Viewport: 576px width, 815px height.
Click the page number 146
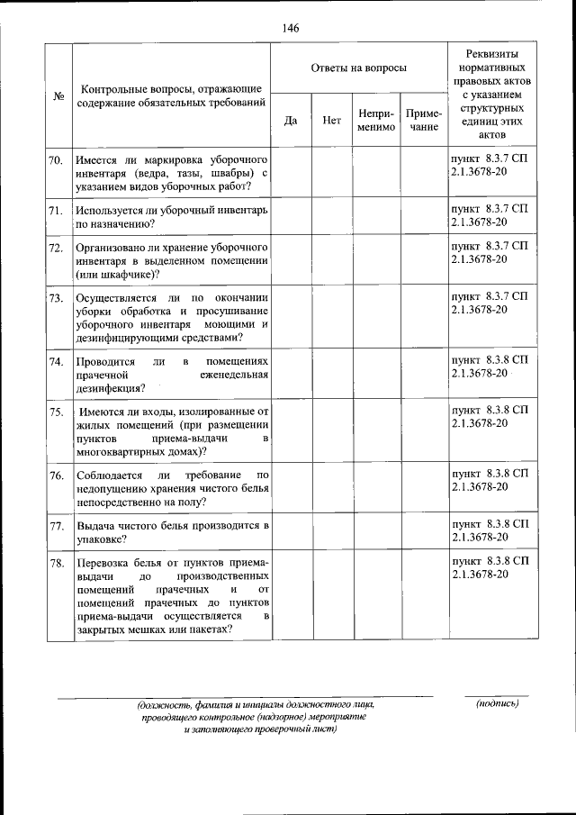289,28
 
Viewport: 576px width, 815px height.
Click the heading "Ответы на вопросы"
357,68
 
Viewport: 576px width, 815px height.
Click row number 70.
56,160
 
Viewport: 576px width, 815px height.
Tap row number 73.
56,297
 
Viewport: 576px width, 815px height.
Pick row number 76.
56,475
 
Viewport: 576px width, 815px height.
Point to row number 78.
56,563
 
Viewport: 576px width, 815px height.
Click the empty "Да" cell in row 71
291,216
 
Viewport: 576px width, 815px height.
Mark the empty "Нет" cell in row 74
331,375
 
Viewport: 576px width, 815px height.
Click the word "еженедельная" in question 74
231,376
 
